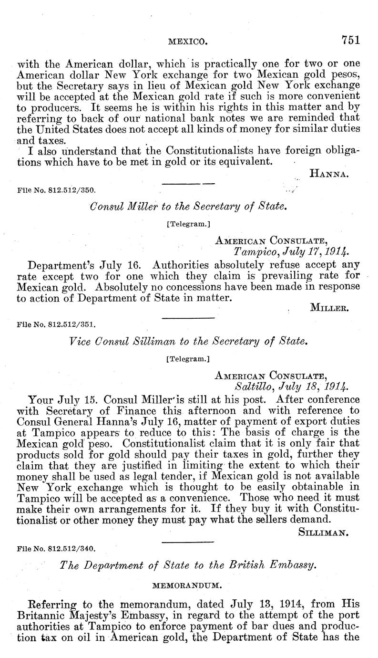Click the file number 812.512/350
[57, 189]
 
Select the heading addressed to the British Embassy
[188, 565]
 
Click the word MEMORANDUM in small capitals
[189, 584]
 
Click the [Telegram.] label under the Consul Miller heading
[189, 223]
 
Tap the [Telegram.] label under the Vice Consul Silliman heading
[189, 356]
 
